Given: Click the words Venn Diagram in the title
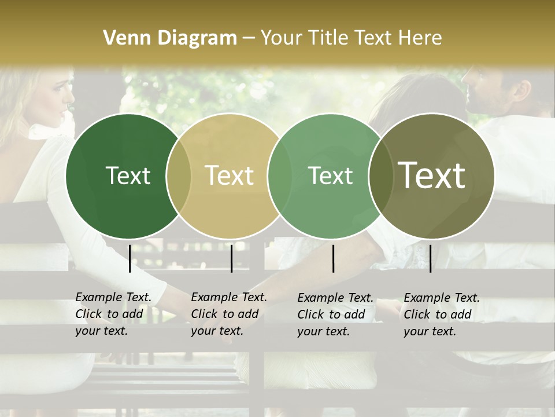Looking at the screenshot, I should click(170, 38).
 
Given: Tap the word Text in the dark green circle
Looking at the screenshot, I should click(128, 175).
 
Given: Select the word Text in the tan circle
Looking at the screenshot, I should click(230, 175).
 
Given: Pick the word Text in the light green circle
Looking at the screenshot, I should click(331, 175).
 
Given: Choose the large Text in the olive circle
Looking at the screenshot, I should click(432, 175).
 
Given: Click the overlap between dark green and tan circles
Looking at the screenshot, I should click(179, 175).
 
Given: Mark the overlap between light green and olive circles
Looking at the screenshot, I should click(381, 175).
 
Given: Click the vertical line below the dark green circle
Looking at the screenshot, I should click(130, 258).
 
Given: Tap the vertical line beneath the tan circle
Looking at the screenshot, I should click(231, 258).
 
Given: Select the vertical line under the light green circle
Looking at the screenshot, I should click(333, 258).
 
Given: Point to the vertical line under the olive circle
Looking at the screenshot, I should click(430, 258).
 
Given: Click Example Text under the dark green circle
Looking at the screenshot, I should click(113, 298).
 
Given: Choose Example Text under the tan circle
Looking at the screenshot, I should click(229, 298).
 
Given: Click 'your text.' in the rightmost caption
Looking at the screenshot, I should click(430, 332).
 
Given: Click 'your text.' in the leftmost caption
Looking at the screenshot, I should click(101, 332).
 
